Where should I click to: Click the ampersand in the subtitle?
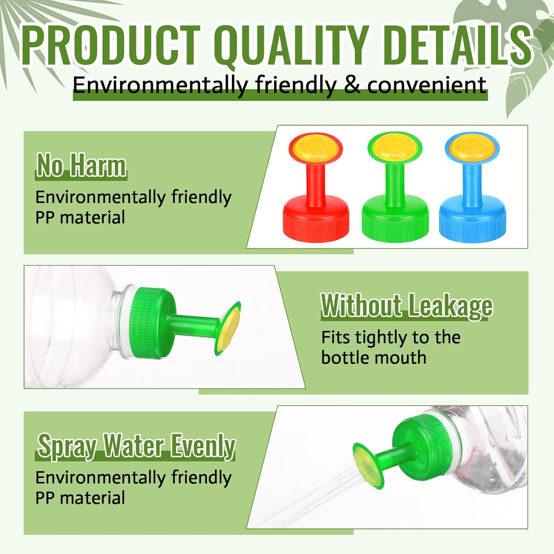[x=353, y=85]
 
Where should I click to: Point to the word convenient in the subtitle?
[x=427, y=85]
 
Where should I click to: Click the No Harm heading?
[x=81, y=165]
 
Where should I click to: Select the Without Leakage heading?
[x=407, y=306]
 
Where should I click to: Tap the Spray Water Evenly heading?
[x=136, y=446]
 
